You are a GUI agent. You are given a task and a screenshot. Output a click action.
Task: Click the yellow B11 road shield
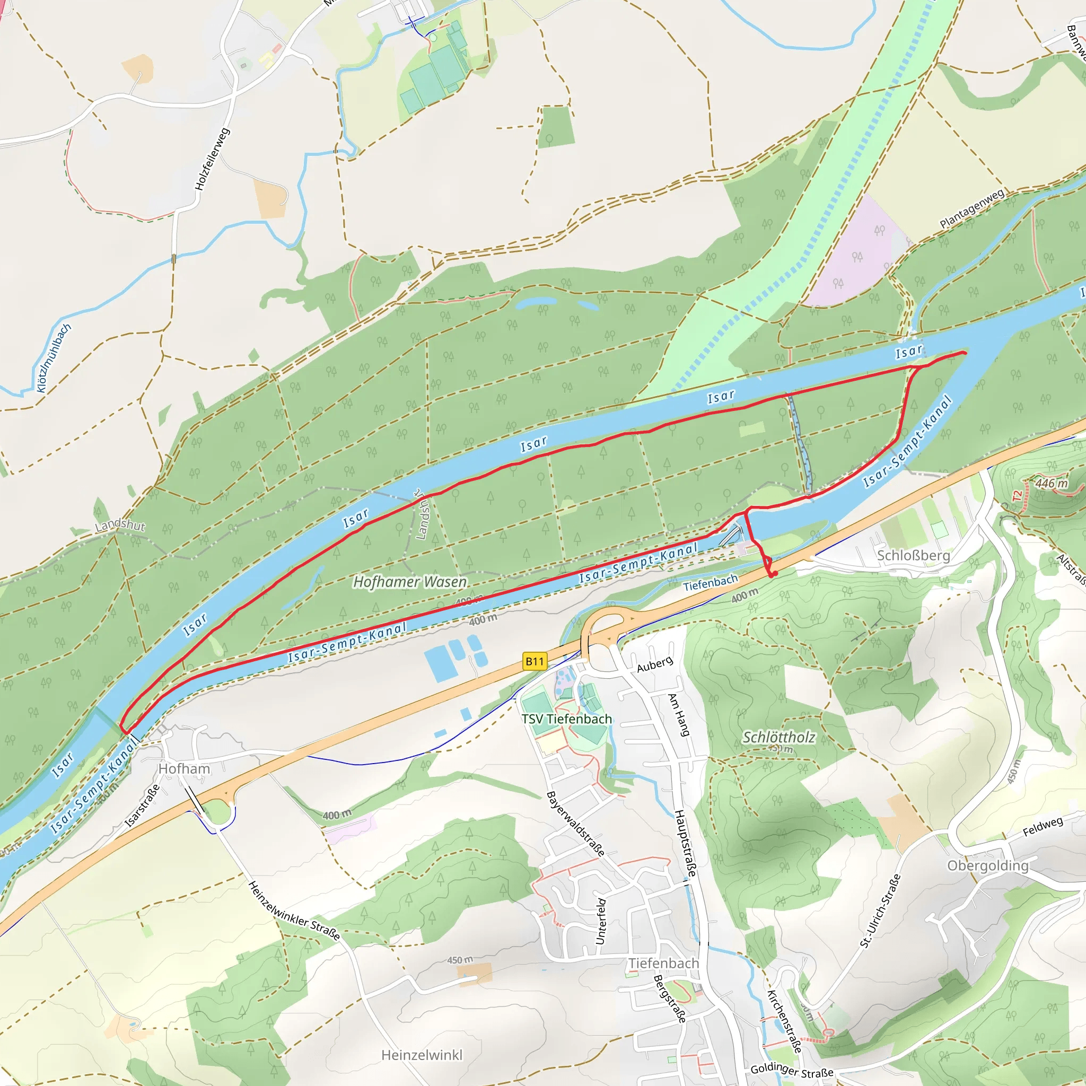[535, 661]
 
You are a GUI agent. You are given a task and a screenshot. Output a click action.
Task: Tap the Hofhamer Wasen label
[410, 582]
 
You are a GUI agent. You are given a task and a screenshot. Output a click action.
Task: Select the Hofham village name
[184, 768]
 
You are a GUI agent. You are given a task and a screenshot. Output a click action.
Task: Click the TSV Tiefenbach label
[567, 719]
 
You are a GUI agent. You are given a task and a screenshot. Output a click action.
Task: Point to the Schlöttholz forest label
[778, 738]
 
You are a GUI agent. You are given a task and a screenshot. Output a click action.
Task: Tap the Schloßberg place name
[914, 556]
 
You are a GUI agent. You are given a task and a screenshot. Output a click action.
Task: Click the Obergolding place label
[987, 865]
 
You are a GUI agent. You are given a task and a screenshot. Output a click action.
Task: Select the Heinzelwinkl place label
[422, 1055]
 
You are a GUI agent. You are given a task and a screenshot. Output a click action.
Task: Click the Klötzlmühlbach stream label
[54, 358]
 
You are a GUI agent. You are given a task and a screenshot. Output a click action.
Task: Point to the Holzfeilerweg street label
[212, 159]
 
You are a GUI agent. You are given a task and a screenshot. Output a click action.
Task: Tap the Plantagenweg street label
[972, 208]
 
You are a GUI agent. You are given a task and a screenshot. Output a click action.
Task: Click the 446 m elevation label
[1051, 484]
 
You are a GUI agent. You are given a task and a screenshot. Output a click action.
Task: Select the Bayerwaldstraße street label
[575, 824]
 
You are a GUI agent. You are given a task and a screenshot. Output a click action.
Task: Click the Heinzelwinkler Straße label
[294, 910]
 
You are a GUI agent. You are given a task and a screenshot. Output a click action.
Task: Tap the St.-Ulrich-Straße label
[880, 911]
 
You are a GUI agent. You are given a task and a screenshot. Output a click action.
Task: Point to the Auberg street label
[654, 664]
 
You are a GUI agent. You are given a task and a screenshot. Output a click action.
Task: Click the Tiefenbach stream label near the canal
[710, 583]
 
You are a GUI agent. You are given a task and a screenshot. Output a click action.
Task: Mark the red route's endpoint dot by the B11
[774, 574]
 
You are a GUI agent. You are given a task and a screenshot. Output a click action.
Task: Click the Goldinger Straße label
[792, 1070]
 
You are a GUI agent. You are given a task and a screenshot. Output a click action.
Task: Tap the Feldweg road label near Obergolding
[1043, 826]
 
